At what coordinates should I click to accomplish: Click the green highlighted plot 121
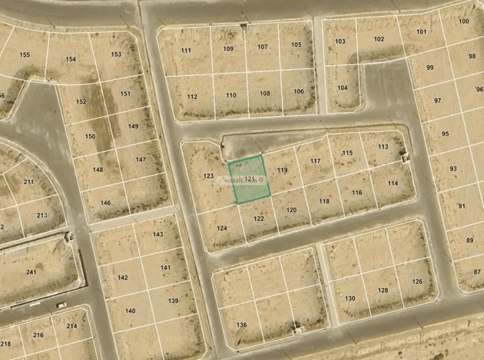point(248,180)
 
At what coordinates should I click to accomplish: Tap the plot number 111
point(186,50)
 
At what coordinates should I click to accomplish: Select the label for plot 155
point(25,55)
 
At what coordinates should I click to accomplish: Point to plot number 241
point(31,272)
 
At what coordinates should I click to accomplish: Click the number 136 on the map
point(241,325)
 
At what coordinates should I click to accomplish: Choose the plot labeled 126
point(418,281)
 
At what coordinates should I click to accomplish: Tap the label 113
point(383,146)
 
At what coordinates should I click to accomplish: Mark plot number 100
point(464,21)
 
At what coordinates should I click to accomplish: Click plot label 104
point(342,88)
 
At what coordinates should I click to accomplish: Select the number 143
point(157,234)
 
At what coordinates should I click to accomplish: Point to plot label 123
point(208,175)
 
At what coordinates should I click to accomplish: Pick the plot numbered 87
point(478,272)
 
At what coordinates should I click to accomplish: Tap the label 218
point(5,345)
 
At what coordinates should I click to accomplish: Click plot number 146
point(105,203)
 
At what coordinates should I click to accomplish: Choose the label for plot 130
point(350,298)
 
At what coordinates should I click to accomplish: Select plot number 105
point(296,45)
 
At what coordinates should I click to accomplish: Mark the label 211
point(28,182)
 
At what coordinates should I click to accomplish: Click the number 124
point(222,228)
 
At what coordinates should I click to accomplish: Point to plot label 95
point(445,134)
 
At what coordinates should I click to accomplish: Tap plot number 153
point(116,54)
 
